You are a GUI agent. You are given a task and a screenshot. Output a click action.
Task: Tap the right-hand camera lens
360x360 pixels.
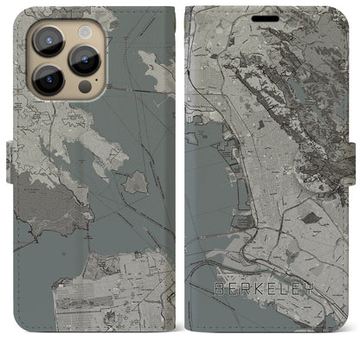pos(84,60)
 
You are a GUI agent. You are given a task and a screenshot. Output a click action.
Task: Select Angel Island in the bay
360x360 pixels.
pos(135,182)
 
